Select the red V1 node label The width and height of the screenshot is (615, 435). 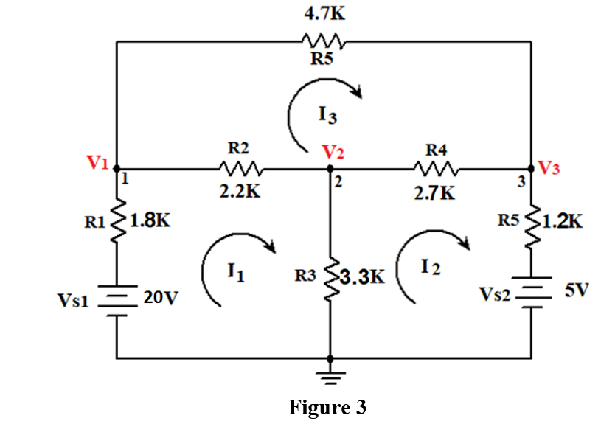[98, 163]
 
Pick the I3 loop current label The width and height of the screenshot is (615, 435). [328, 114]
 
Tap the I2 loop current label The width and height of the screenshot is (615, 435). [432, 267]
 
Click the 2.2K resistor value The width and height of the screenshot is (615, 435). [240, 192]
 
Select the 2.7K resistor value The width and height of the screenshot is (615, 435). [436, 193]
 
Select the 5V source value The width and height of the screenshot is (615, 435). [576, 289]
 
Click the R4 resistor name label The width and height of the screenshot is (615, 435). [437, 150]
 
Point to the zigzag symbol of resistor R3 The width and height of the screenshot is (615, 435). [330, 276]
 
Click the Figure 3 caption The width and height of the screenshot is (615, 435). [327, 407]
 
